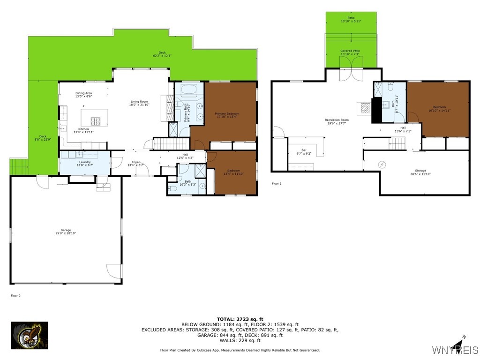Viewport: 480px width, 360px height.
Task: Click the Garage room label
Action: [x=66, y=232]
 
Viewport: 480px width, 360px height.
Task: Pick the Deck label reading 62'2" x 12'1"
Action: [x=162, y=54]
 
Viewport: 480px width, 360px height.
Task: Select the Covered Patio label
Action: [x=350, y=52]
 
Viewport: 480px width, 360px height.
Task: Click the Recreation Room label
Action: [x=337, y=121]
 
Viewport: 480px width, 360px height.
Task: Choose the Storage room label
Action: [x=420, y=172]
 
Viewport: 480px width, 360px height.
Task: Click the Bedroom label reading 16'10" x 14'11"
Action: [x=439, y=109]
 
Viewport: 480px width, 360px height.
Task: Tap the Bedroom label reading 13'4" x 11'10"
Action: [x=233, y=172]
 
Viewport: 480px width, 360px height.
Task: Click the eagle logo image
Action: [x=30, y=335]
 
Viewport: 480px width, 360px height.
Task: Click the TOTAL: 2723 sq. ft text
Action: [x=240, y=319]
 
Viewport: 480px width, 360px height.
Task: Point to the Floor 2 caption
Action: [x=15, y=296]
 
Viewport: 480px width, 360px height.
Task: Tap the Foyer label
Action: [x=133, y=164]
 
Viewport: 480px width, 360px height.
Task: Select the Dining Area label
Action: [x=84, y=95]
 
